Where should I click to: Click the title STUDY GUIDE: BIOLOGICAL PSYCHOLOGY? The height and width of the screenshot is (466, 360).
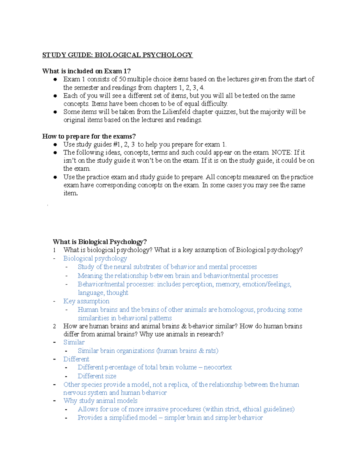pyautogui.click(x=117, y=55)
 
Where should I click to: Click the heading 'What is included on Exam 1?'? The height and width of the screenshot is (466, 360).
pyautogui.click(x=86, y=71)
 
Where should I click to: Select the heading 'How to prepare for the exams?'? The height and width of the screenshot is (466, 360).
pyautogui.click(x=89, y=136)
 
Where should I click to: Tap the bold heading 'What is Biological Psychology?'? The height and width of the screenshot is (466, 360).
pyautogui.click(x=100, y=242)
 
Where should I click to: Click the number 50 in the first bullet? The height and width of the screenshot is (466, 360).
pyautogui.click(x=122, y=79)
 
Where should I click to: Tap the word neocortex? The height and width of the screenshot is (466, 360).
pyautogui.click(x=218, y=367)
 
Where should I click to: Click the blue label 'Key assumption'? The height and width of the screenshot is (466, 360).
pyautogui.click(x=86, y=301)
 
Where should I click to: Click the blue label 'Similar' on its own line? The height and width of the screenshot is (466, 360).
pyautogui.click(x=74, y=342)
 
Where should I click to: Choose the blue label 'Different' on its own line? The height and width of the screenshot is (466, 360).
pyautogui.click(x=76, y=359)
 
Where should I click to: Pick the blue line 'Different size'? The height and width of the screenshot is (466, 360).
pyautogui.click(x=97, y=376)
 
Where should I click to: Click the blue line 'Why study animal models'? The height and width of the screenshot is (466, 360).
pyautogui.click(x=100, y=401)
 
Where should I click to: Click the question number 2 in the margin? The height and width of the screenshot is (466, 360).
pyautogui.click(x=54, y=326)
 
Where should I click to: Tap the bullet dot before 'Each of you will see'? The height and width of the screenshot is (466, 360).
pyautogui.click(x=55, y=96)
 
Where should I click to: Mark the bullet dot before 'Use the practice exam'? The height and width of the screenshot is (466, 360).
pyautogui.click(x=55, y=177)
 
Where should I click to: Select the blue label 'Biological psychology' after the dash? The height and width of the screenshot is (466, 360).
pyautogui.click(x=95, y=258)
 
